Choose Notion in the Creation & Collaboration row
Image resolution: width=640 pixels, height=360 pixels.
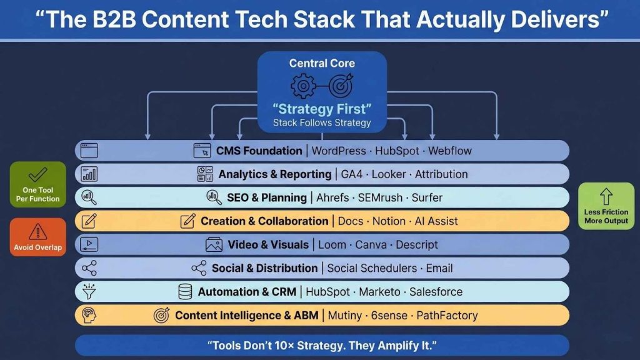390,221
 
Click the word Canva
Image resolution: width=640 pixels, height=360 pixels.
371,244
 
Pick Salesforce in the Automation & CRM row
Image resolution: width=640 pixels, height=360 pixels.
436,292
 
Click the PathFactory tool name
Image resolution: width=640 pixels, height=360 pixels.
447,316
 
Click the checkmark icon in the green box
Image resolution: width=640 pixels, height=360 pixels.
37,174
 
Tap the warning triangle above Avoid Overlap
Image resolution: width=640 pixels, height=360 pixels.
37,231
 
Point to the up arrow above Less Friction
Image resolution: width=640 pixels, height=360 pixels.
606,197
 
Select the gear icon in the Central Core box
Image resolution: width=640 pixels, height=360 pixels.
302,86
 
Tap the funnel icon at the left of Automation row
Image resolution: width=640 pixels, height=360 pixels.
89,291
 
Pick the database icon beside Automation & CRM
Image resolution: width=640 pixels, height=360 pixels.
185,292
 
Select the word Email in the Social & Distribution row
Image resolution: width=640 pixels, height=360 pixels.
439,268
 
